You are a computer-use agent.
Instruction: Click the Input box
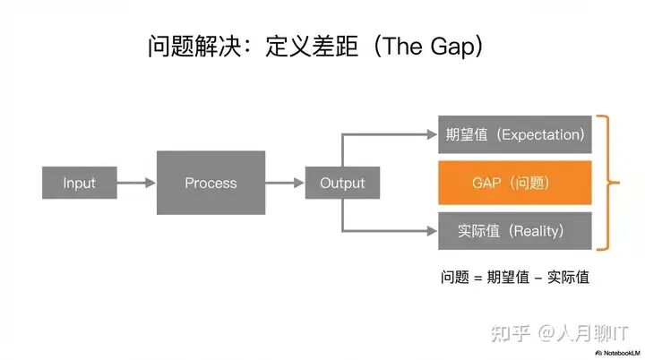click(x=79, y=183)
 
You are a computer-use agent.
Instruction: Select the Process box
click(x=211, y=183)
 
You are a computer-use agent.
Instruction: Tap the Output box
click(x=342, y=183)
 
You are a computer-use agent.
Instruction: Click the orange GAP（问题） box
click(x=515, y=183)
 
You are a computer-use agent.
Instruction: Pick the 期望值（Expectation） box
click(x=515, y=134)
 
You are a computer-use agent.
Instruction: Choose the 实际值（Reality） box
click(x=515, y=231)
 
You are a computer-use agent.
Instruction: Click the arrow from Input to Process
click(x=136, y=183)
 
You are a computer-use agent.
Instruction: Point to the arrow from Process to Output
click(x=284, y=183)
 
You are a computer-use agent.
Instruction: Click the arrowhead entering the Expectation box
click(x=430, y=134)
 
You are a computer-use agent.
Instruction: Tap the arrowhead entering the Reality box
click(x=430, y=231)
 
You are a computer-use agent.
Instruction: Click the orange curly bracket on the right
click(x=612, y=183)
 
